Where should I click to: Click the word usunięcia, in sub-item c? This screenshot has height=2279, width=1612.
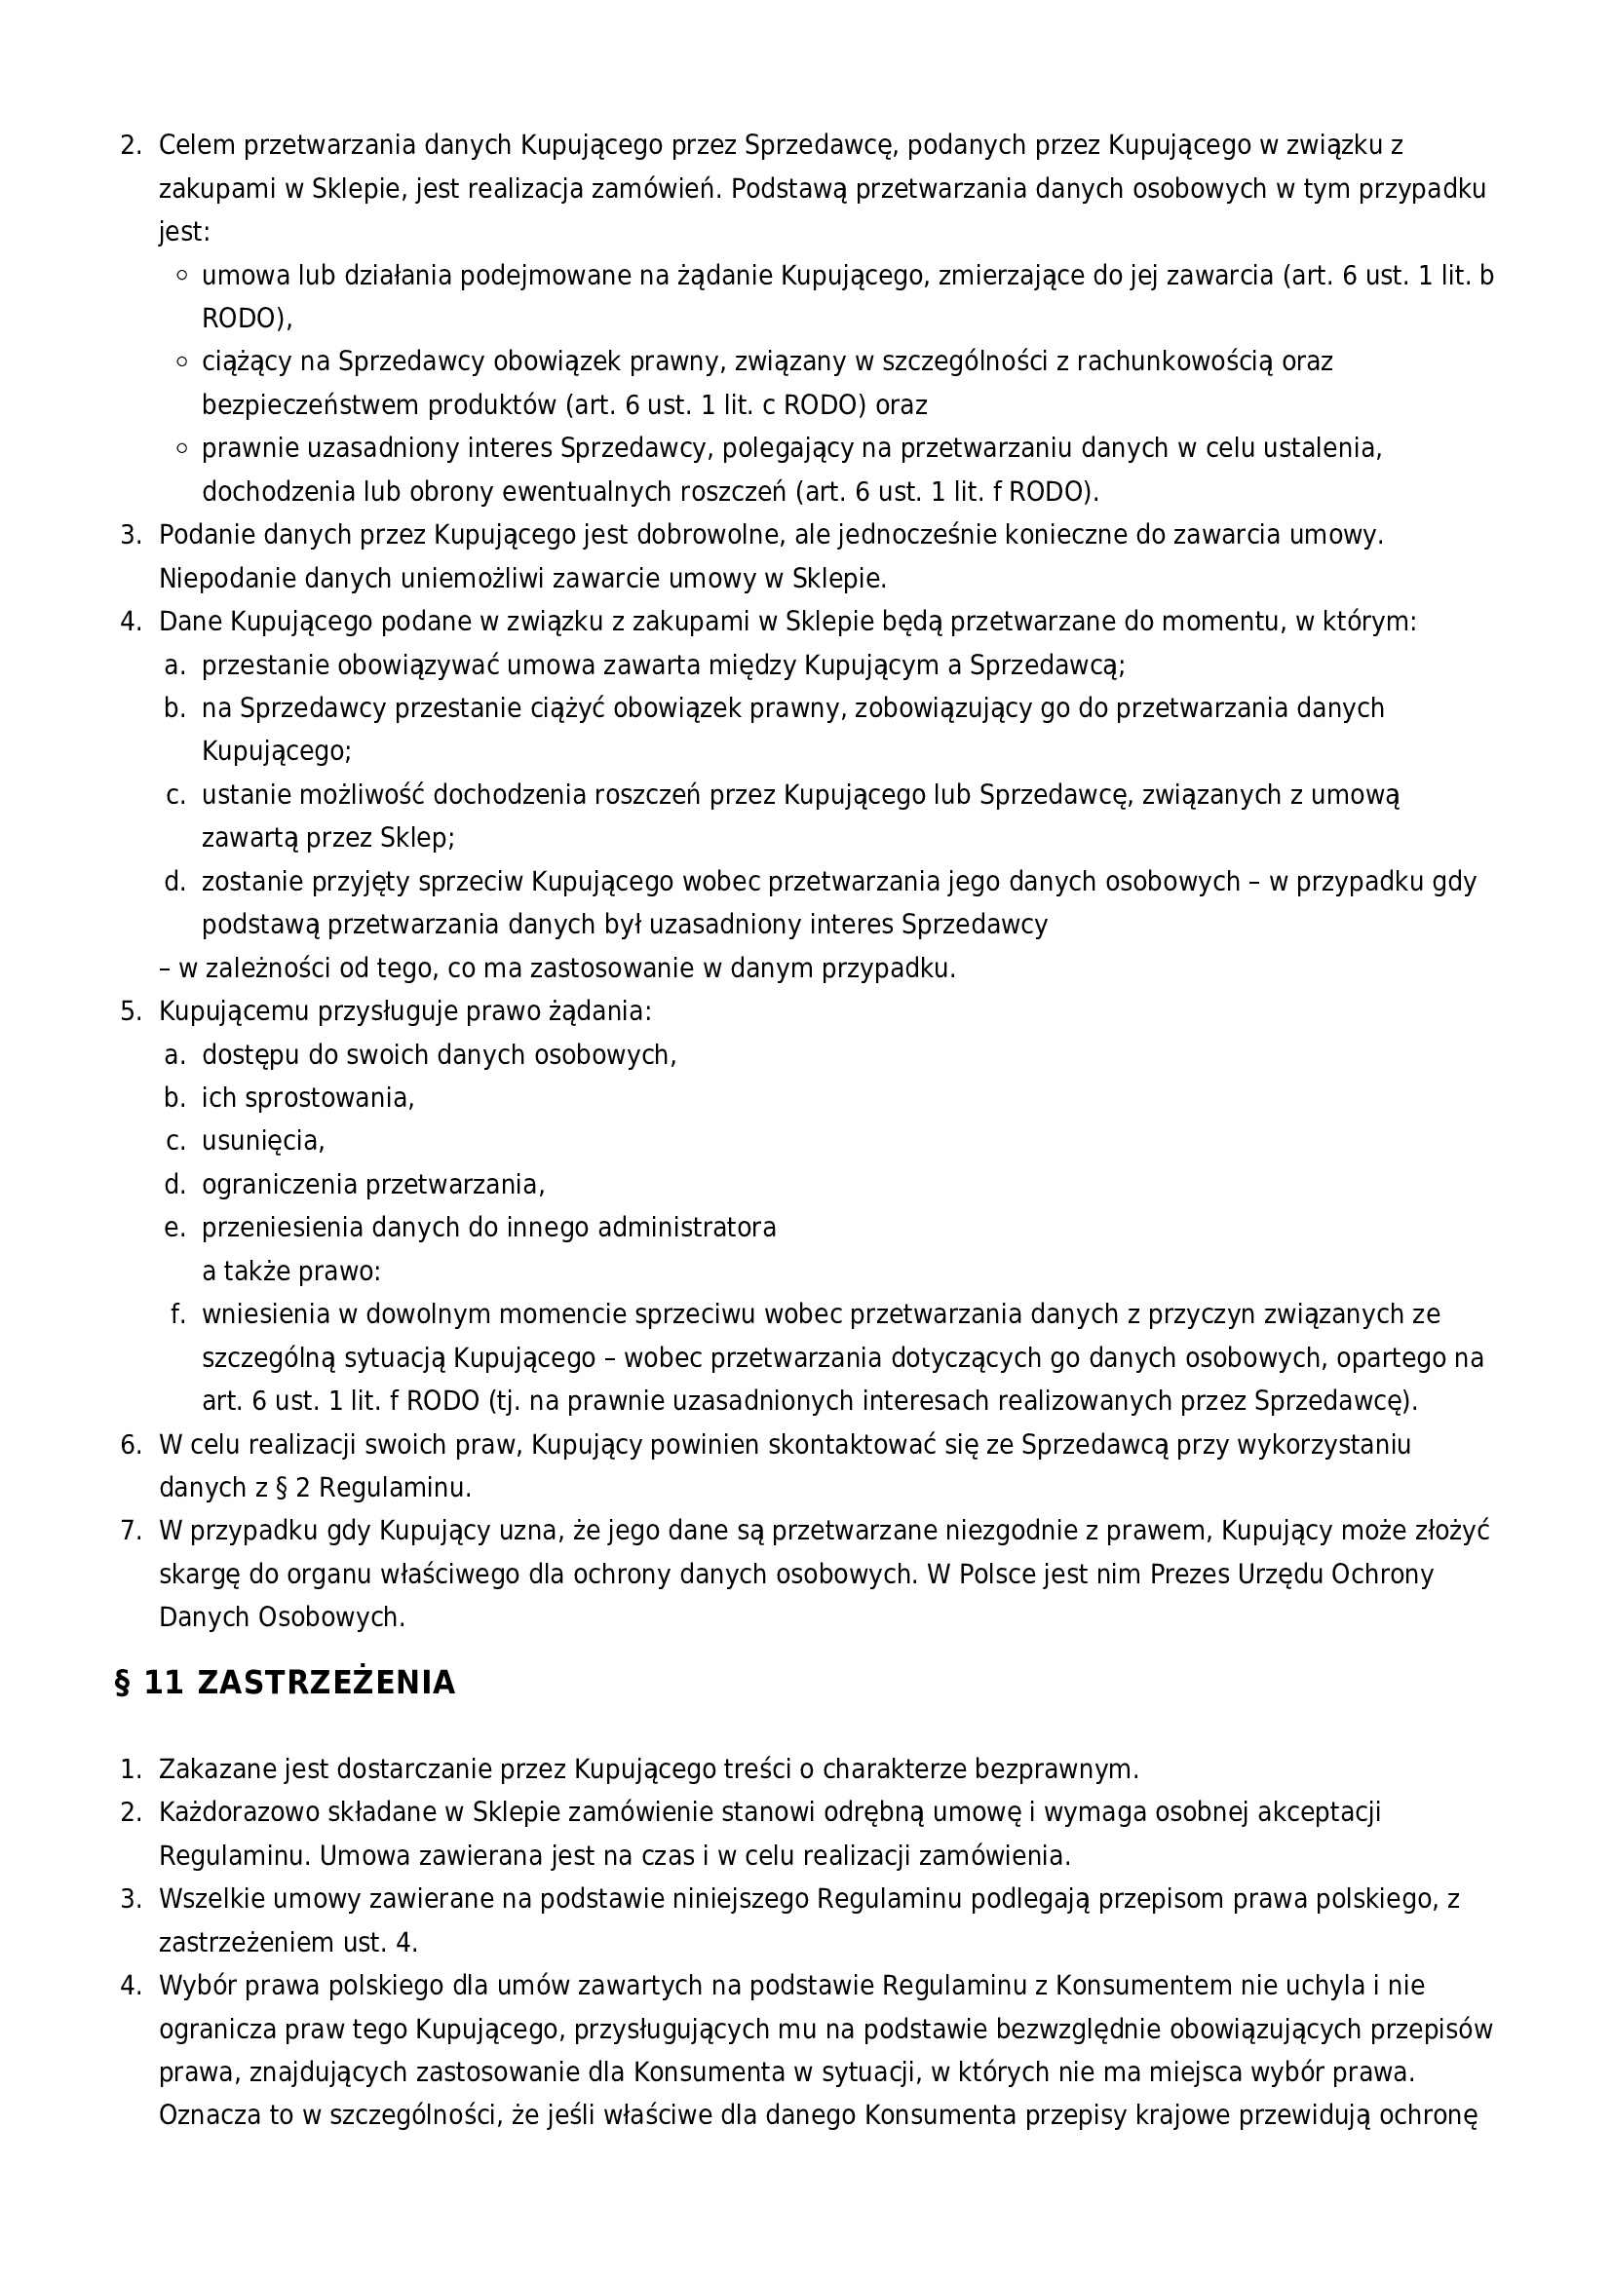(x=263, y=1142)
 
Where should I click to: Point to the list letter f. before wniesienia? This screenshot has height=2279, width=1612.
(x=178, y=1314)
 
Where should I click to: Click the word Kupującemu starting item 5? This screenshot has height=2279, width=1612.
(x=234, y=1011)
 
